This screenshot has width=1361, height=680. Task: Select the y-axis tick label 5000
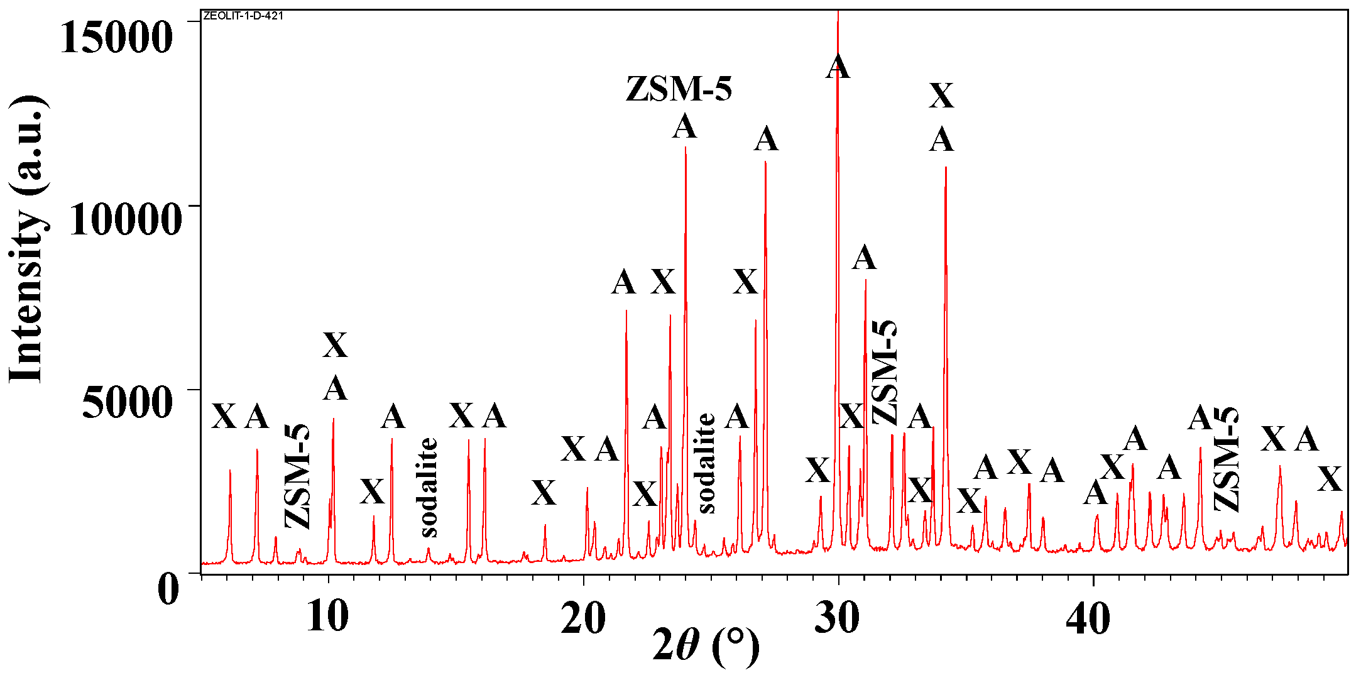click(x=127, y=403)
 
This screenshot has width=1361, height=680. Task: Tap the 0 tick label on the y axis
click(x=168, y=589)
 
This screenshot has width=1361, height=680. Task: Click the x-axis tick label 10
click(x=327, y=617)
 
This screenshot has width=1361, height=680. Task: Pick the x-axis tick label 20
click(x=583, y=617)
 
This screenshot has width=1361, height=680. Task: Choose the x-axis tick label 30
click(x=837, y=617)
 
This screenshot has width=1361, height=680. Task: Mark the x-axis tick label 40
click(x=1088, y=617)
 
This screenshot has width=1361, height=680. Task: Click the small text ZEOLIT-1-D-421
click(x=243, y=16)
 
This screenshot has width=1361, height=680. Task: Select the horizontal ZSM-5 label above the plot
click(x=679, y=89)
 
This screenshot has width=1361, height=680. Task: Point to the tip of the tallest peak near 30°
click(x=838, y=13)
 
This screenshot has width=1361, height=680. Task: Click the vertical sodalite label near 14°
click(x=429, y=488)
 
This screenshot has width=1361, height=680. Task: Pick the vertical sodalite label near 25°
click(x=706, y=463)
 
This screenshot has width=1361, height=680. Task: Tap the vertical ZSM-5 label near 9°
click(x=298, y=476)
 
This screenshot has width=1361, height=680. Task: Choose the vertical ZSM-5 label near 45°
click(x=1227, y=459)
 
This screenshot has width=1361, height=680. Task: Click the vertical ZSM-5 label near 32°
click(x=885, y=372)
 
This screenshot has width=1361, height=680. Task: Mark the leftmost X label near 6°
click(x=224, y=417)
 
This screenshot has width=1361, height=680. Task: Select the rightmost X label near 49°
click(x=1330, y=480)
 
